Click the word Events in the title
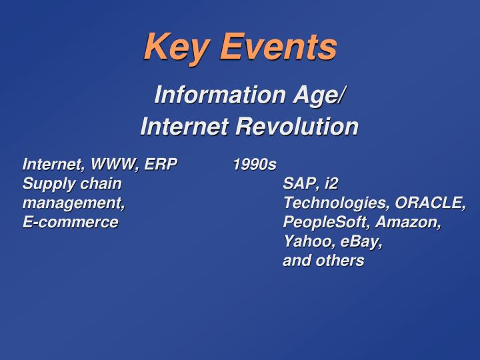point(279,47)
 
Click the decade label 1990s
point(254,164)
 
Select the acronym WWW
point(115,164)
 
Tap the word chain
point(101,183)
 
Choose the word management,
point(73,203)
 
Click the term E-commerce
point(70,222)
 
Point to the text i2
point(331,183)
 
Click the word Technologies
point(336,203)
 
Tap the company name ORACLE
point(430,203)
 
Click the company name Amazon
point(408,222)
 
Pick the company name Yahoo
point(306,241)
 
